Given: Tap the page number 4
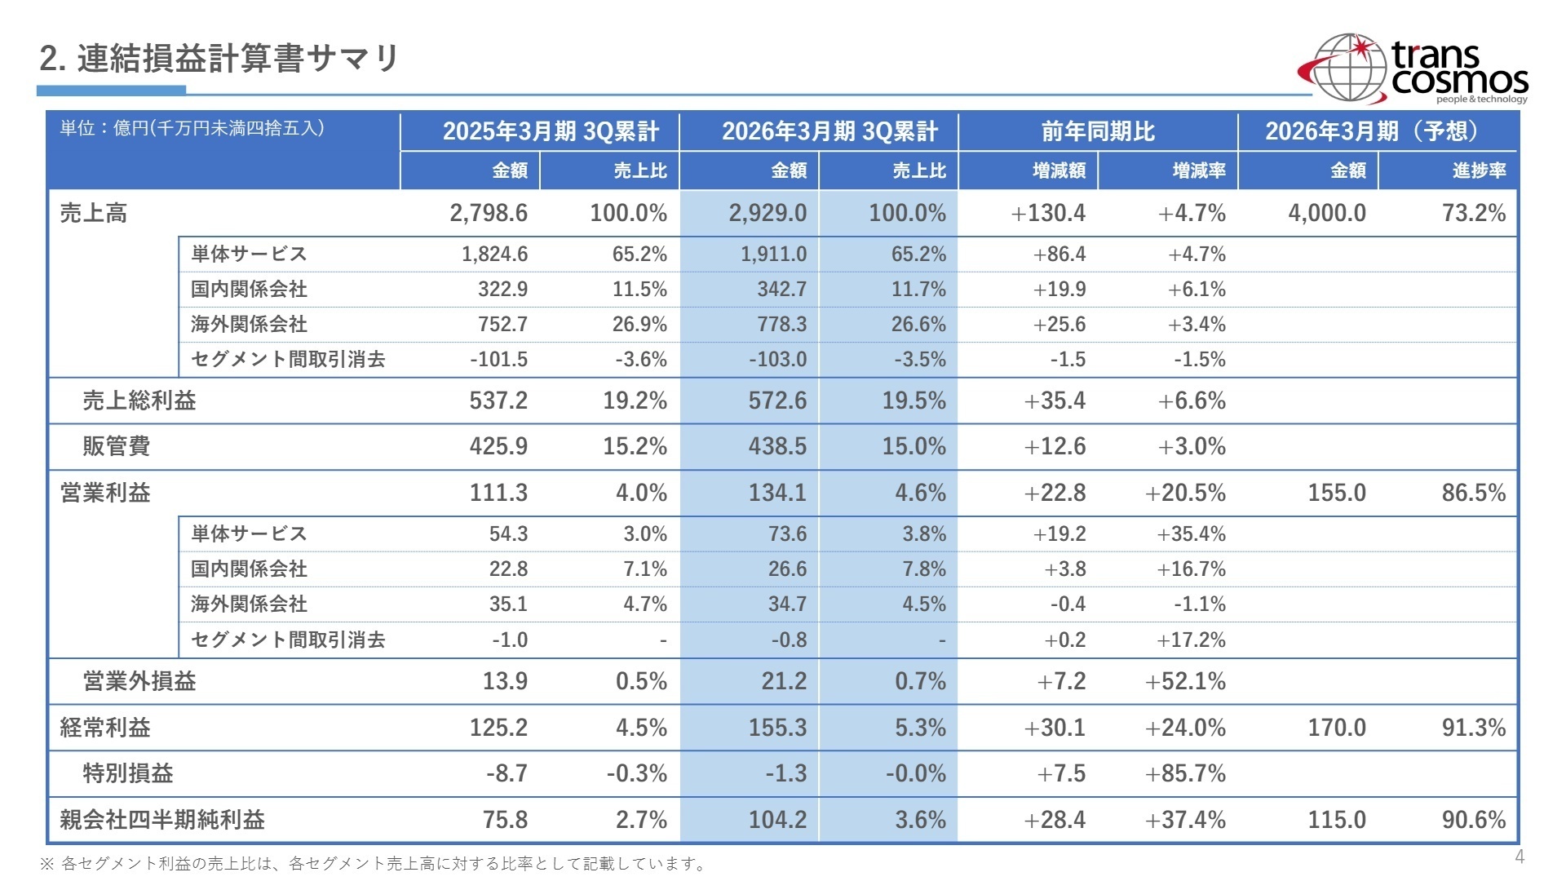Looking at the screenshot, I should click(1519, 857).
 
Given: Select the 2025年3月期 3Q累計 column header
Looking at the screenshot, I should click(551, 131).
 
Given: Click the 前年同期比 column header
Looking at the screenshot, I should click(1098, 131).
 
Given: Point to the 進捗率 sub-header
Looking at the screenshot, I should click(1478, 170).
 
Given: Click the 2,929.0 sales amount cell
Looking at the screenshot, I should click(768, 213).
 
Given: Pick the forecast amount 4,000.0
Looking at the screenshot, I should click(1326, 213).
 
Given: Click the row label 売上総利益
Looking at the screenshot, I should click(139, 401).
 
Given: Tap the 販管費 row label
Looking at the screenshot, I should click(117, 446).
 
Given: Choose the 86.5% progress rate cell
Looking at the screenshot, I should click(1473, 493).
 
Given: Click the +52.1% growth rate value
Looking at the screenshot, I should click(1185, 681).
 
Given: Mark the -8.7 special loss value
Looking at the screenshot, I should click(507, 773).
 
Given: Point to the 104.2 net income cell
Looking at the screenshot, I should click(777, 820).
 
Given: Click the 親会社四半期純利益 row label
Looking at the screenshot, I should click(162, 820).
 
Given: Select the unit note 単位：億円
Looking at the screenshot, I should click(192, 128).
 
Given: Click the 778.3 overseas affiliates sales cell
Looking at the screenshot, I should click(781, 325).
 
